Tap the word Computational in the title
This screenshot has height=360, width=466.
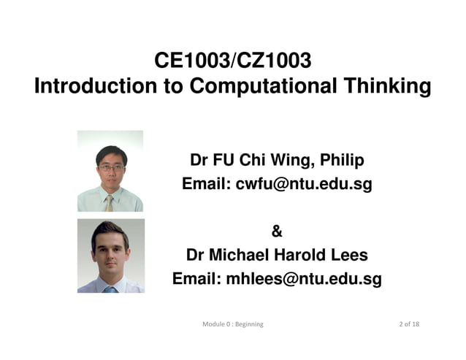[262, 87]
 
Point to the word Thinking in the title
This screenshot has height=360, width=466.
[386, 87]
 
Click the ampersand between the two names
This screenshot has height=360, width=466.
[277, 232]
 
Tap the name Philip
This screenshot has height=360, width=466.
[340, 160]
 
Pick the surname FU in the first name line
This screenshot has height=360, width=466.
[225, 160]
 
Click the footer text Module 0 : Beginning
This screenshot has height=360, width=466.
[233, 323]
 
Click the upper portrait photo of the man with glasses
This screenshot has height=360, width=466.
[110, 171]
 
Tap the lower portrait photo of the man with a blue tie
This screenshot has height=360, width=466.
[110, 256]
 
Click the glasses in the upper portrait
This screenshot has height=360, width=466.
[111, 167]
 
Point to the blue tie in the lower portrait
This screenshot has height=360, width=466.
[110, 289]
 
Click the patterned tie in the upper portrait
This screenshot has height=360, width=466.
[109, 202]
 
